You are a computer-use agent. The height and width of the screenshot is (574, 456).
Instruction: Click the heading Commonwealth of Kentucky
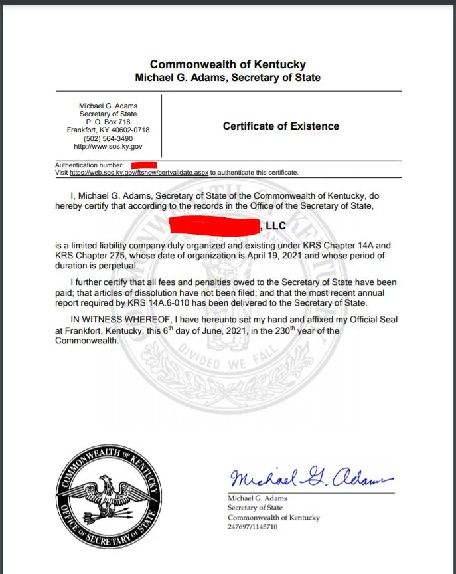[228, 64]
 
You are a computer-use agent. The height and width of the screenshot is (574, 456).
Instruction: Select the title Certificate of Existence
[281, 126]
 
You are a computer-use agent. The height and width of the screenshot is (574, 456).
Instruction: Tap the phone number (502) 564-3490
[108, 138]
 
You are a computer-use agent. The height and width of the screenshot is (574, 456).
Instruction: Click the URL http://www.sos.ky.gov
[108, 146]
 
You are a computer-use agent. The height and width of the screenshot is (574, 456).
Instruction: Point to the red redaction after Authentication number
[143, 163]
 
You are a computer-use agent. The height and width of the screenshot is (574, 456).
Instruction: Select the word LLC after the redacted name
[275, 227]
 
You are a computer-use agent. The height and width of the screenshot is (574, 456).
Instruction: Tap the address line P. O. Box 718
[108, 122]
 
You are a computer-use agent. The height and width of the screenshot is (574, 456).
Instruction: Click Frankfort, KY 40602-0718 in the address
[108, 130]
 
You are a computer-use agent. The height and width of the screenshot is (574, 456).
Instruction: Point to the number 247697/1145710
[252, 527]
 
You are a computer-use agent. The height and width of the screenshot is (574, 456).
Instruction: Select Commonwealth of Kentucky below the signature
[273, 518]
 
